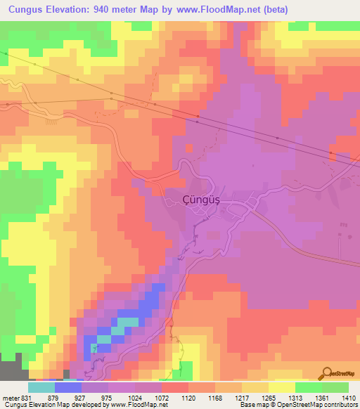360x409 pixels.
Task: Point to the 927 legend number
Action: [x=90, y=397]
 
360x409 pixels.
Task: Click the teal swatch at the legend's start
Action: [x=41, y=387]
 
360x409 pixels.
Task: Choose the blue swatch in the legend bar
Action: [x=68, y=387]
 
